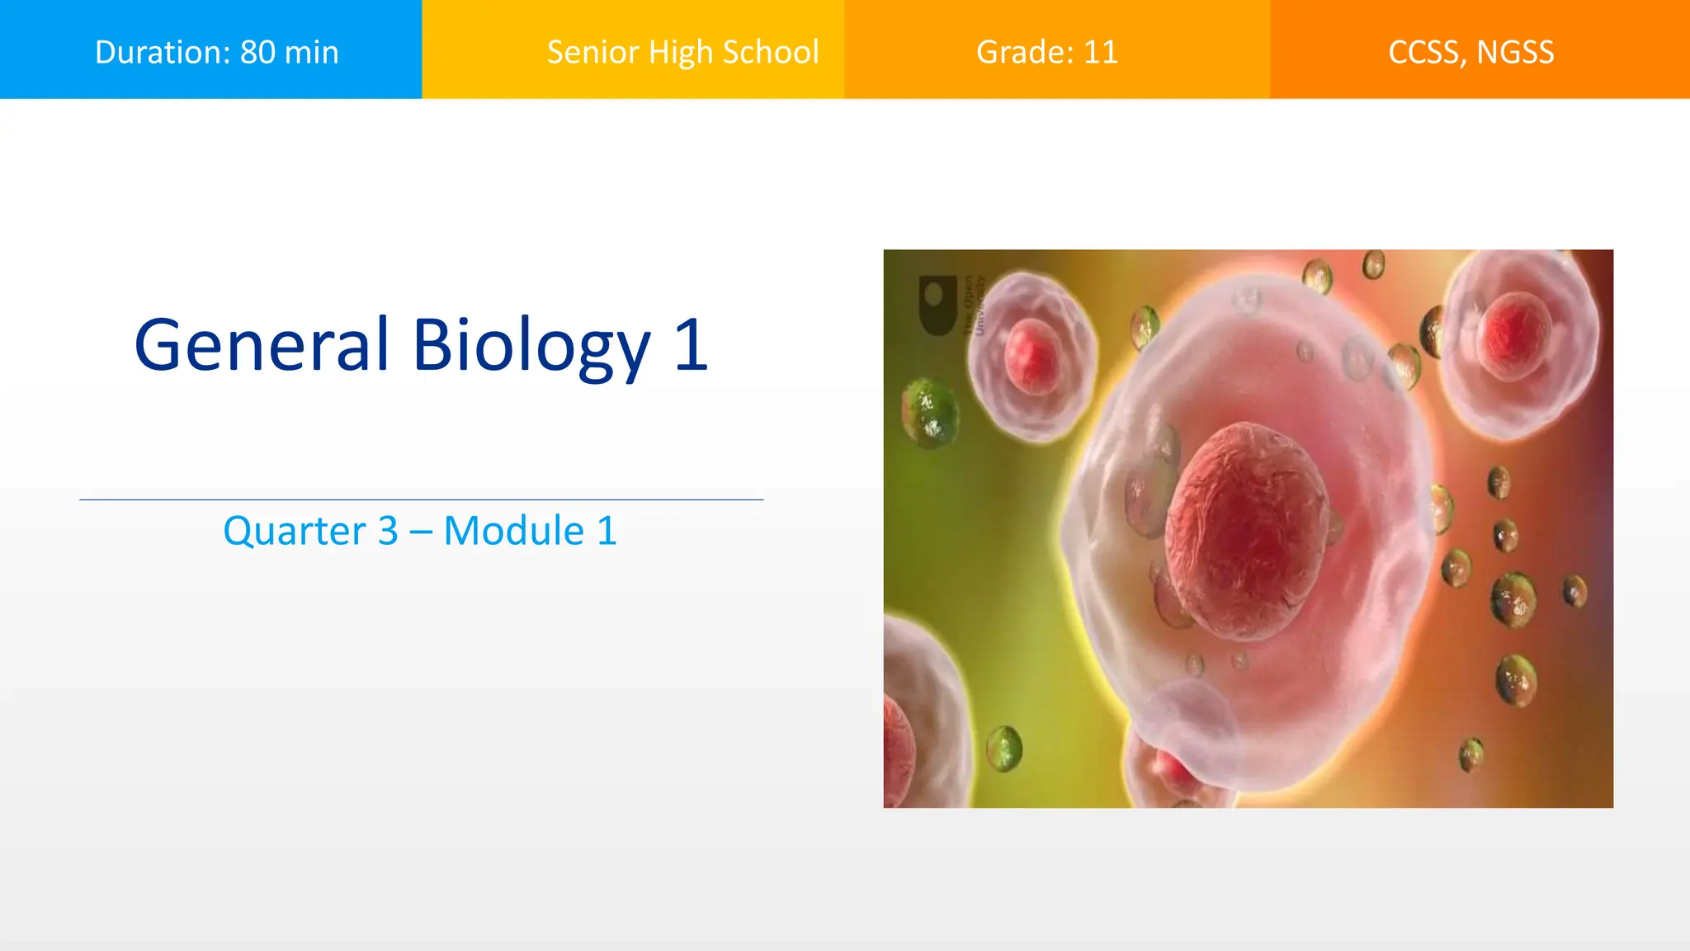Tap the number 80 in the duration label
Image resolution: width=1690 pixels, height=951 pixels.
pyautogui.click(x=257, y=53)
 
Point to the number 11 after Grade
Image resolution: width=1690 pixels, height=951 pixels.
pyautogui.click(x=1100, y=53)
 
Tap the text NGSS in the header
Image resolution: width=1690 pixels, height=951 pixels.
pyautogui.click(x=1515, y=53)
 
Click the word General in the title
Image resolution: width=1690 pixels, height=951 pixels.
pyautogui.click(x=261, y=345)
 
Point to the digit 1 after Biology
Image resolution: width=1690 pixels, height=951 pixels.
pyautogui.click(x=692, y=345)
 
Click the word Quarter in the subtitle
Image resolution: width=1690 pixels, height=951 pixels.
pyautogui.click(x=294, y=531)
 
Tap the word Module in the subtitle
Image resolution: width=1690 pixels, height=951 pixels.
pyautogui.click(x=513, y=531)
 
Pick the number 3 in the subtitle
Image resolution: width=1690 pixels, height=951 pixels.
pyautogui.click(x=388, y=531)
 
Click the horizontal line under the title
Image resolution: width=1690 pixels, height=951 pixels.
pyautogui.click(x=421, y=499)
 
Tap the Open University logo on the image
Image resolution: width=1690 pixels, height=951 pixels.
pyautogui.click(x=938, y=305)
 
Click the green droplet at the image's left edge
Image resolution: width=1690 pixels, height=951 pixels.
pyautogui.click(x=930, y=413)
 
